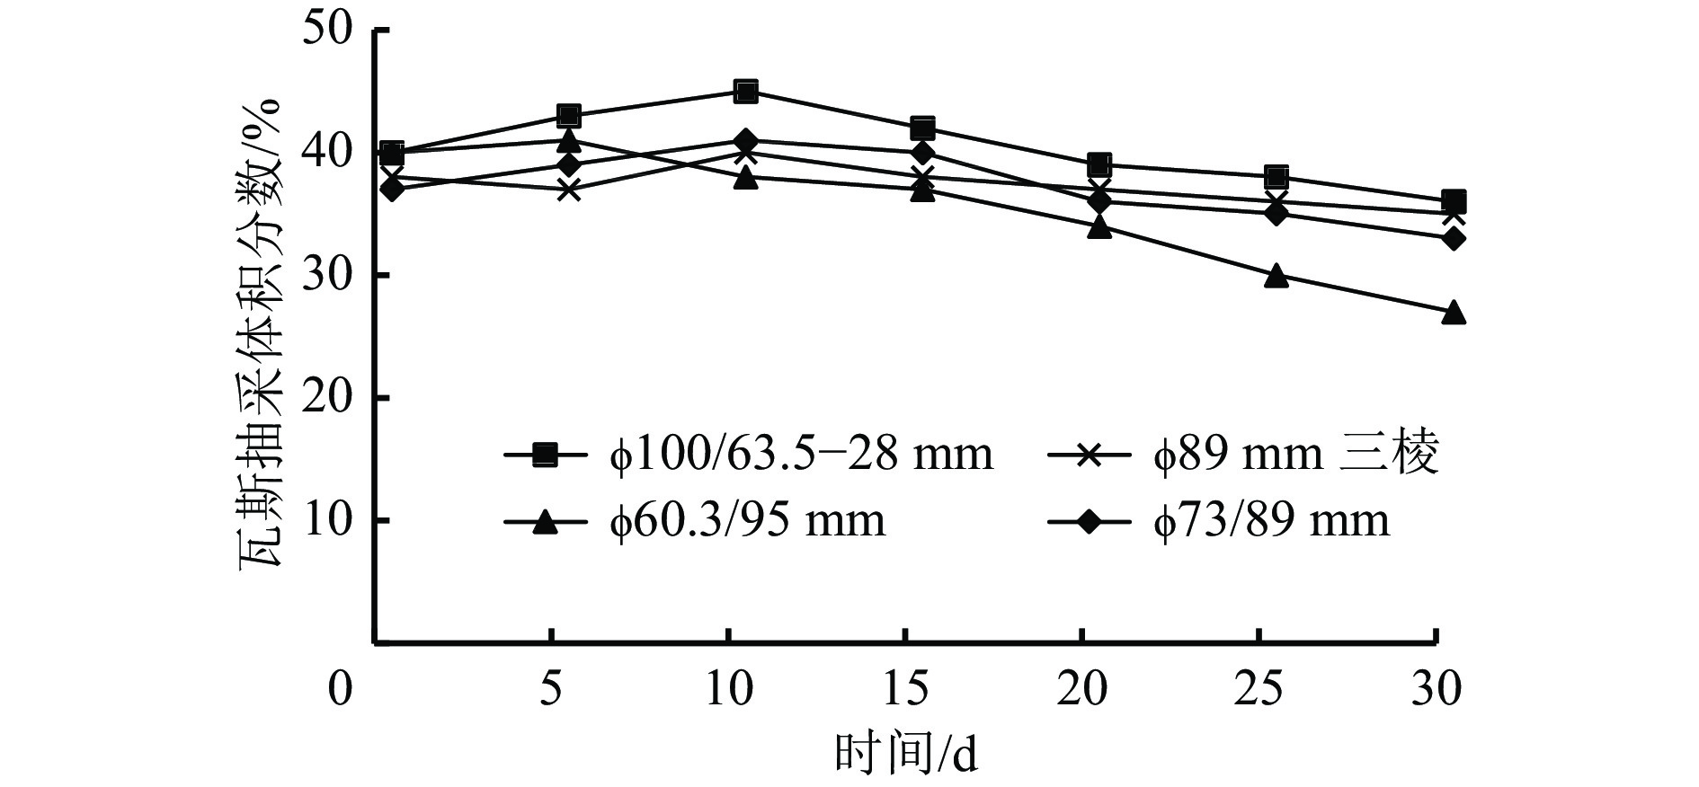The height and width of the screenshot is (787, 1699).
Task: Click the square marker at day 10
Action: pyautogui.click(x=745, y=91)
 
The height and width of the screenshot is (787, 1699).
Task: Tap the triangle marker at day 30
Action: pyautogui.click(x=1454, y=313)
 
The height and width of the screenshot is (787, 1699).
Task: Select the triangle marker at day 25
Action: pyautogui.click(x=1276, y=276)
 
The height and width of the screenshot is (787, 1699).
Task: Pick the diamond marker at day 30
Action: pyautogui.click(x=1454, y=239)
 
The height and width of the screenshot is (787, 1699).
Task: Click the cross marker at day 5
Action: pyautogui.click(x=568, y=190)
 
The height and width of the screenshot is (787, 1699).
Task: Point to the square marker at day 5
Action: pyautogui.click(x=568, y=116)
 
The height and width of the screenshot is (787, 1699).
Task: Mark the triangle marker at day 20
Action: pyautogui.click(x=1099, y=226)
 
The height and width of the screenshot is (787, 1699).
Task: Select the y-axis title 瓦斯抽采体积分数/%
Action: pyautogui.click(x=262, y=332)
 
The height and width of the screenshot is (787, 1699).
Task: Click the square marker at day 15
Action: pyautogui.click(x=922, y=128)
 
